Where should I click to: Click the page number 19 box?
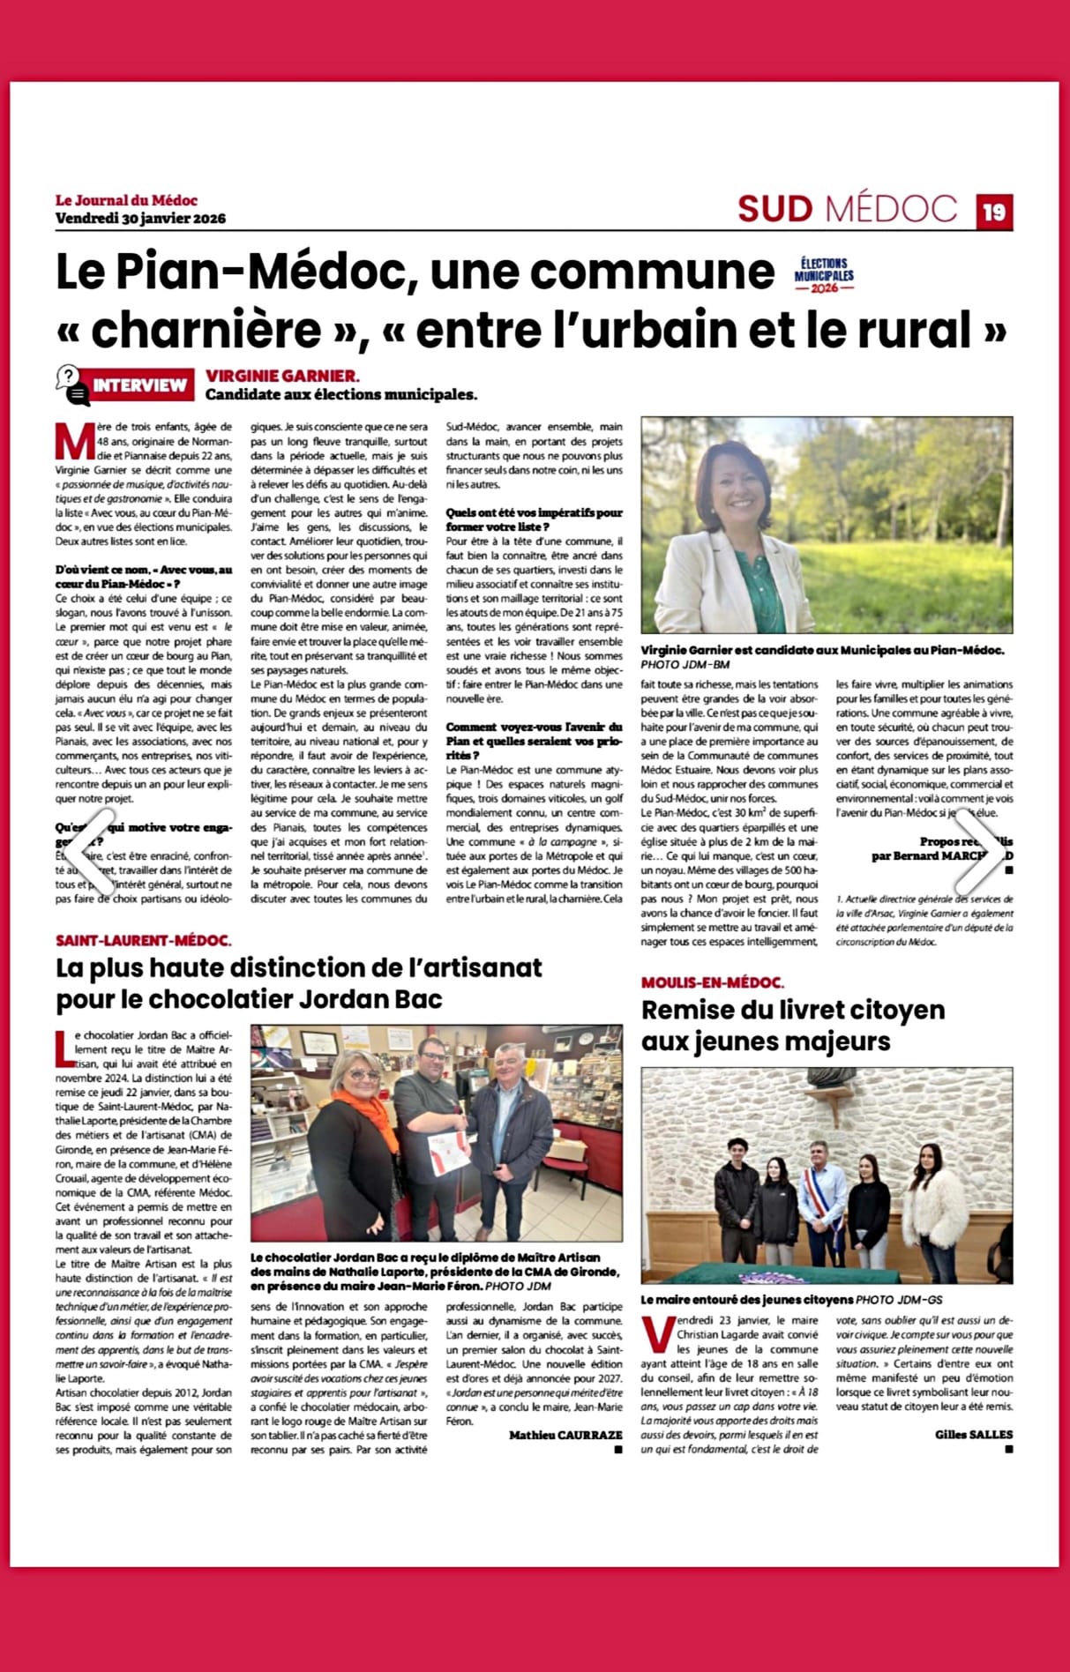pyautogui.click(x=994, y=212)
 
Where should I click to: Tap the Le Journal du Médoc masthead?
pyautogui.click(x=126, y=200)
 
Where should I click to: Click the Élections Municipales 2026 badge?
pyautogui.click(x=824, y=275)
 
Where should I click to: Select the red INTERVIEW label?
pyautogui.click(x=139, y=385)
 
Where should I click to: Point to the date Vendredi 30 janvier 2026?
pyautogui.click(x=140, y=218)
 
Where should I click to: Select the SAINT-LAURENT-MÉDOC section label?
pyautogui.click(x=144, y=941)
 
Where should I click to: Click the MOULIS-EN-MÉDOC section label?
pyautogui.click(x=712, y=982)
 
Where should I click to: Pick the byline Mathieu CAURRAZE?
pyautogui.click(x=565, y=1436)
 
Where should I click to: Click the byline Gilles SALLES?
pyautogui.click(x=974, y=1434)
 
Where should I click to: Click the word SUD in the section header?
pyautogui.click(x=774, y=209)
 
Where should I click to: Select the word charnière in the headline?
pyautogui.click(x=207, y=330)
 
